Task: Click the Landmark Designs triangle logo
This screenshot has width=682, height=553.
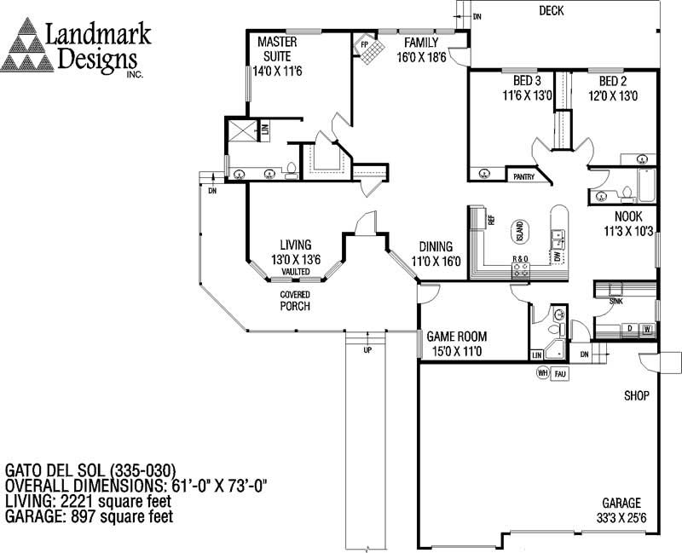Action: point(27,48)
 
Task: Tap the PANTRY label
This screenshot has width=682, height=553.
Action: point(522,176)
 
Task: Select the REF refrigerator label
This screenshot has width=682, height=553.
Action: point(492,219)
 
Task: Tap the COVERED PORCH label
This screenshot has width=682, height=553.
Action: point(295,300)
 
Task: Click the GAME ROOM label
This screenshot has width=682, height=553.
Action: point(457,336)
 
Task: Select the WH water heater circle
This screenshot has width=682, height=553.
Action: point(541,372)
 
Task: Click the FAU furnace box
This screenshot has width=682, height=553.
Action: point(560,373)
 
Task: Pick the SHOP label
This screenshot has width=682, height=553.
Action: point(636,395)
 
